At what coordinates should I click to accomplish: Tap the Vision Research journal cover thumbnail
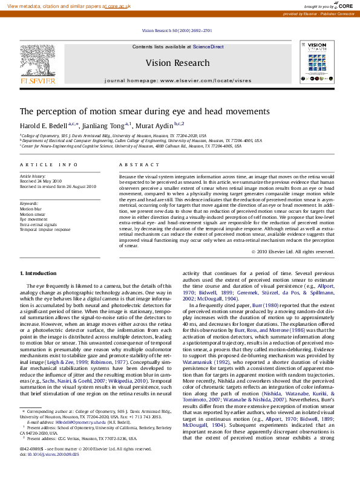[316, 62]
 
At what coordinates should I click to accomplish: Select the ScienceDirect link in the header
[208, 47]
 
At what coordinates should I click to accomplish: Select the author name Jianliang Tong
[105, 125]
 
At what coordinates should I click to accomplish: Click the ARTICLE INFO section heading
[49, 164]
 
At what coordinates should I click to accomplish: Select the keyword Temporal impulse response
[45, 230]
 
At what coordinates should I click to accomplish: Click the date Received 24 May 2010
[41, 181]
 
